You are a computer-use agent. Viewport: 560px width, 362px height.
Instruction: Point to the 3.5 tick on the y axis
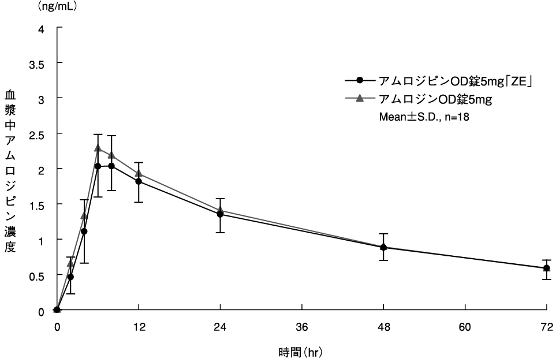[x=39, y=62]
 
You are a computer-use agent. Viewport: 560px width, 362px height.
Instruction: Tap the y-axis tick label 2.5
[x=39, y=133]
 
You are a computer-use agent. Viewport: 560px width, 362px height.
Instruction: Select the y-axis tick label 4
[x=41, y=28]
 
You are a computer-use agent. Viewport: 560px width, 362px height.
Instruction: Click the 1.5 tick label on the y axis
[x=39, y=204]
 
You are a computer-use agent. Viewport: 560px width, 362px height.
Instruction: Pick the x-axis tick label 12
[x=139, y=327]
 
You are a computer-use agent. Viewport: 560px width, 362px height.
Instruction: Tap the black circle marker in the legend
[x=360, y=81]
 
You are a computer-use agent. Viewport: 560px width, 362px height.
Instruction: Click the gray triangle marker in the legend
[x=360, y=99]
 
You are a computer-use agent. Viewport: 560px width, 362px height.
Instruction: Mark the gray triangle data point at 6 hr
[x=98, y=148]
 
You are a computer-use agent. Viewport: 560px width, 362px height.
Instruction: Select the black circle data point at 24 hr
[x=220, y=214]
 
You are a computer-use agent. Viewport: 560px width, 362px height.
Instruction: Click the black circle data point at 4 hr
[x=84, y=232]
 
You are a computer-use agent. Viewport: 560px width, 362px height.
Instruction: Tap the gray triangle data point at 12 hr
[x=139, y=173]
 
